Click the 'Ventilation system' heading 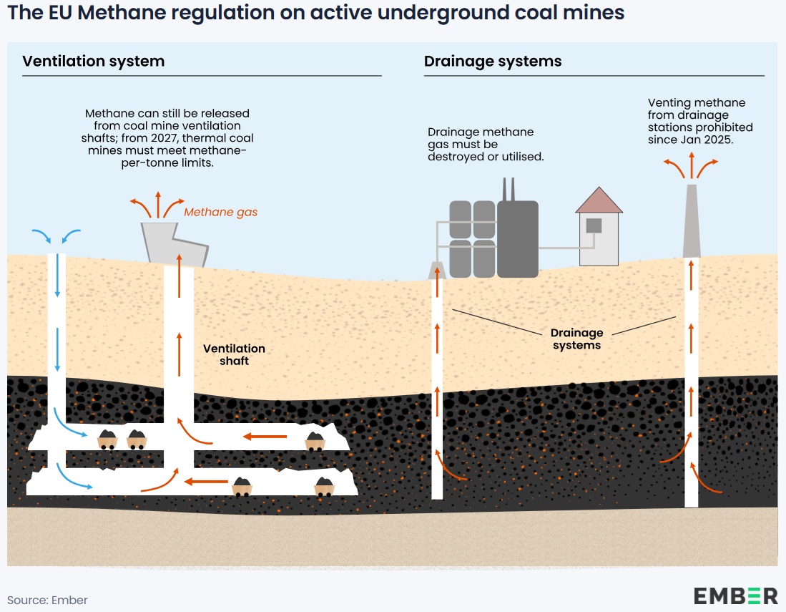click(93, 61)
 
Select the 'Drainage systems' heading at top click(493, 61)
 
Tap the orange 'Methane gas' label click(220, 212)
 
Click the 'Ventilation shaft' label click(234, 354)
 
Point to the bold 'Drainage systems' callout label click(576, 339)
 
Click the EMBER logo click(735, 596)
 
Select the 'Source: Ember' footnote click(47, 600)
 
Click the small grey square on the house click(594, 225)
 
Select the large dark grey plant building click(517, 238)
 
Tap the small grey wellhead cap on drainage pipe click(436, 270)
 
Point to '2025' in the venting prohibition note click(719, 140)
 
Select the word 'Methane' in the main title click(124, 13)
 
